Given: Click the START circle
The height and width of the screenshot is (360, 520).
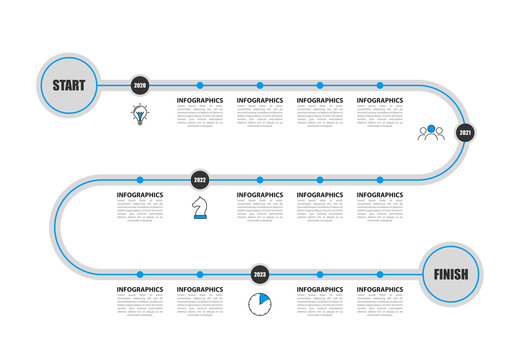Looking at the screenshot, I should (69, 85).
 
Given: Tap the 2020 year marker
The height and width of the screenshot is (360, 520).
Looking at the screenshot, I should (139, 85).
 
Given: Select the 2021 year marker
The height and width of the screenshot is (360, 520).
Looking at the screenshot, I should (465, 132).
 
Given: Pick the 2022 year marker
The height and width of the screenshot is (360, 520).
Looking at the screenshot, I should (199, 180).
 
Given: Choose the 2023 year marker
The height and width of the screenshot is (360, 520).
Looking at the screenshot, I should (259, 274).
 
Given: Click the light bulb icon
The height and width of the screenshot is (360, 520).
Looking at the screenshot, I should (139, 114).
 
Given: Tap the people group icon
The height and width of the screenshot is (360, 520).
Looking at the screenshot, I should (431, 132).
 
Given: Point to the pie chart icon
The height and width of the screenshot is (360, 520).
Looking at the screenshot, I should (259, 303).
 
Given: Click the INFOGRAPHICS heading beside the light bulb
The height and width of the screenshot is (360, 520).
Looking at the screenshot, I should (200, 101).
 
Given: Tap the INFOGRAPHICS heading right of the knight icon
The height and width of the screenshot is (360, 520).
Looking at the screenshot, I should (260, 196).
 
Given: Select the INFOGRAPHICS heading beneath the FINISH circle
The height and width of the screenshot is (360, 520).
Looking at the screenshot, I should (380, 290).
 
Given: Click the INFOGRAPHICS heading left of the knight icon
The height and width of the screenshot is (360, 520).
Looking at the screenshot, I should (140, 196).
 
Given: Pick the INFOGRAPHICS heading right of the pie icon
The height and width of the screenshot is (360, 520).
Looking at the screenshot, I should (320, 290).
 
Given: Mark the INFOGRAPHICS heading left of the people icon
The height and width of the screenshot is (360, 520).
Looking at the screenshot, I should (380, 101).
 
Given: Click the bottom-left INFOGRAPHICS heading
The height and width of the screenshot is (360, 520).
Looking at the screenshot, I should (140, 290).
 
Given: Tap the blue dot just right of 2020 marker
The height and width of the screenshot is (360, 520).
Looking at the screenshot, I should (199, 85).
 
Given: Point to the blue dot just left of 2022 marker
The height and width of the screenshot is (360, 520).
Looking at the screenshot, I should (139, 180).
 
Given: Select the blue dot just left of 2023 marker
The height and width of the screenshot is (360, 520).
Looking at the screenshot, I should (199, 274).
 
